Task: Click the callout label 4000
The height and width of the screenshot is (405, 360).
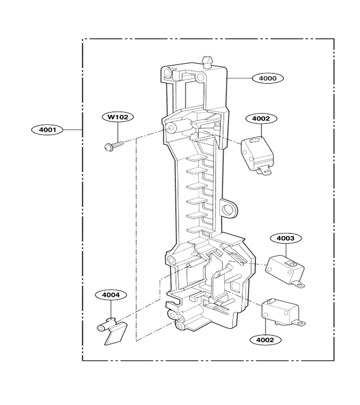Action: point(268,78)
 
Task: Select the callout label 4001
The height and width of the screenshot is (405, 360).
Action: point(47,130)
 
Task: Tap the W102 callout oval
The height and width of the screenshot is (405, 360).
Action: point(118,117)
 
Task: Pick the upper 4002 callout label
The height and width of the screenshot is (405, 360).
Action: point(261,118)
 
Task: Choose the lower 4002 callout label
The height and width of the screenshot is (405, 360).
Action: point(265,340)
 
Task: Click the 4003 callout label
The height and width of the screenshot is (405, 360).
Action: point(286,238)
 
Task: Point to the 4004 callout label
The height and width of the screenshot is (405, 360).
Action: point(111,295)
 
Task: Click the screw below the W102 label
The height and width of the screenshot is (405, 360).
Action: point(113,145)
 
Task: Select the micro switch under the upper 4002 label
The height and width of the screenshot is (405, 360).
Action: point(257,155)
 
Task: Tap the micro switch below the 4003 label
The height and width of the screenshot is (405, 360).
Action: point(285,272)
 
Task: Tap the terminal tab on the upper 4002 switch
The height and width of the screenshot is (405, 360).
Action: point(265,170)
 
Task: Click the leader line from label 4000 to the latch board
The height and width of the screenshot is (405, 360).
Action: point(239,78)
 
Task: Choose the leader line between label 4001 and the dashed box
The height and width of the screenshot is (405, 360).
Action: point(72,130)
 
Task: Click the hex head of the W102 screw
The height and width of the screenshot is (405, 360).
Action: point(107,147)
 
